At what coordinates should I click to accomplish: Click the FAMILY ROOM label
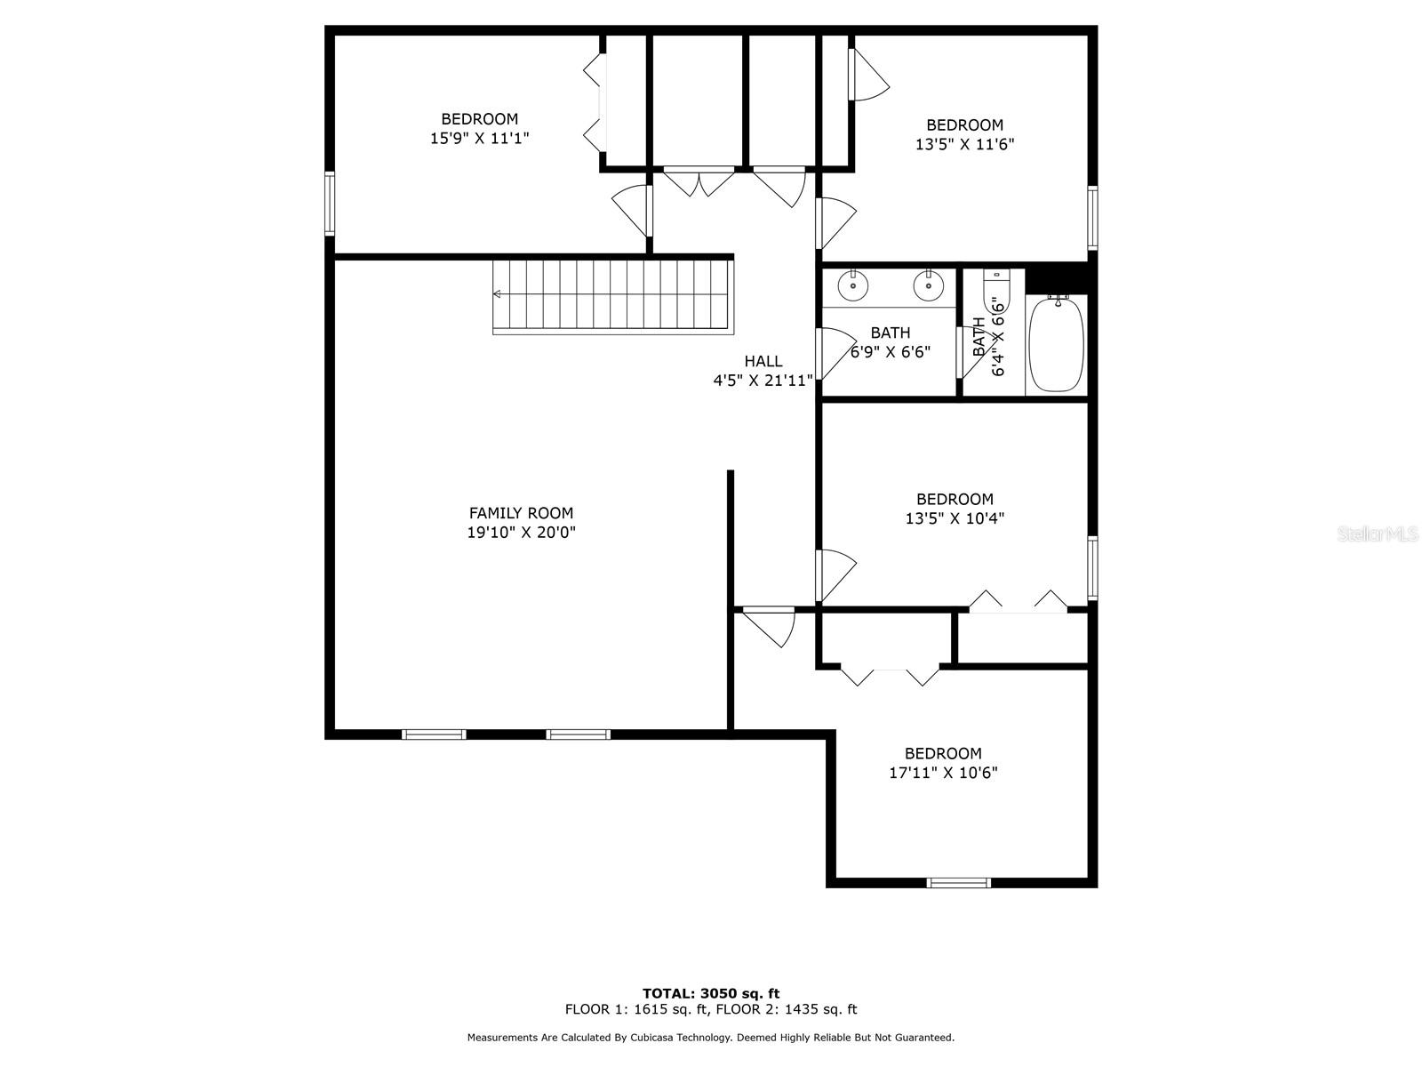[x=521, y=513]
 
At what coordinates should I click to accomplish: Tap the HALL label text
[x=763, y=361]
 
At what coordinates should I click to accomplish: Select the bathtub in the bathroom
[x=1055, y=344]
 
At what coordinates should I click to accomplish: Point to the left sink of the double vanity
[x=853, y=285]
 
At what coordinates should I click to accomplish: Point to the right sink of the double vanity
[x=929, y=285]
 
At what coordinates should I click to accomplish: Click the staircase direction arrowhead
[x=497, y=294]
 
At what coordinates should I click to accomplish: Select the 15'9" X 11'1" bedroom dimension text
[x=479, y=138]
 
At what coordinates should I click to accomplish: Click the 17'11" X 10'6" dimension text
[x=943, y=772]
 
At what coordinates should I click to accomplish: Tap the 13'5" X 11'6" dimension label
[x=964, y=144]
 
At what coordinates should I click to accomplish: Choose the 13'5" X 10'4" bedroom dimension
[x=955, y=518]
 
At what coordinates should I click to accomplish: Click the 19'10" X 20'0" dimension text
[x=521, y=533]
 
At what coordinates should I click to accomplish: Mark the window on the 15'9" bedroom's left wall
[x=329, y=204]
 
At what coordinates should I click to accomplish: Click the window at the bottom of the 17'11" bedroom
[x=958, y=882]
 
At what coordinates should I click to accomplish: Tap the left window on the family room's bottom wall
[x=434, y=734]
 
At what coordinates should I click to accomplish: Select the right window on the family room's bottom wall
[x=578, y=734]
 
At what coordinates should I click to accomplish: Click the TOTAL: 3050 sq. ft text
[x=711, y=993]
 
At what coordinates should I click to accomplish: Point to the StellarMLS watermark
[x=1378, y=533]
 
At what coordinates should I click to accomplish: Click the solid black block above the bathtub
[x=1056, y=278]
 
